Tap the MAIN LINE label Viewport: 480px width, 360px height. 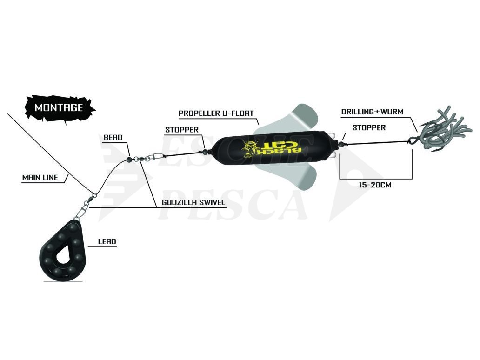(40, 178)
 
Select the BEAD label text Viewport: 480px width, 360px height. (113, 138)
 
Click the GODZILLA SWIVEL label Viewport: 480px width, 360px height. (193, 202)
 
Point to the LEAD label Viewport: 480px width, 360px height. (107, 241)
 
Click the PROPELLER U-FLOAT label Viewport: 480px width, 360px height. (216, 113)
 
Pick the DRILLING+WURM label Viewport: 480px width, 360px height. (372, 112)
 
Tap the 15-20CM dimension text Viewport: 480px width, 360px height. (375, 185)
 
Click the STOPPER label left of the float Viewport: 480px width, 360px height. (182, 130)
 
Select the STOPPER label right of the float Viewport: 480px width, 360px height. (369, 127)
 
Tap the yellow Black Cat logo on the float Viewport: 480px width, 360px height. (271, 148)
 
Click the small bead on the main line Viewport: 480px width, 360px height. (128, 159)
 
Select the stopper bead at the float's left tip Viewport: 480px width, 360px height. (205, 152)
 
